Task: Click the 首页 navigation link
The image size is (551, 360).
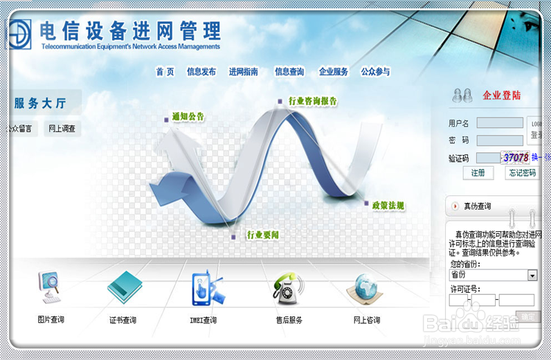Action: (x=165, y=71)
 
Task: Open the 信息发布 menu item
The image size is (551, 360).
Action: (x=201, y=71)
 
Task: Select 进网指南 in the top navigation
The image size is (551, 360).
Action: (x=244, y=71)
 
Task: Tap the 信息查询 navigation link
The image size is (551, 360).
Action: (x=289, y=71)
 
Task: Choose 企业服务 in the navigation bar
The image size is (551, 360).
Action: (x=333, y=71)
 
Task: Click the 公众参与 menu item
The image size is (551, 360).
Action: (x=375, y=71)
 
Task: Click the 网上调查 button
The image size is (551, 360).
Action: (x=62, y=129)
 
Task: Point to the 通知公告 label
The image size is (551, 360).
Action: (x=188, y=116)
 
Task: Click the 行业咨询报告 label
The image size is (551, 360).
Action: (x=312, y=101)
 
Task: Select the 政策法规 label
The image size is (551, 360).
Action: (x=388, y=205)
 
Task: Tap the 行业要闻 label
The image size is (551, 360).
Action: (x=262, y=235)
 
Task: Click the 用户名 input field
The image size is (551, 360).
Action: (x=500, y=123)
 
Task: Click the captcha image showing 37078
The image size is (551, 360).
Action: (x=516, y=158)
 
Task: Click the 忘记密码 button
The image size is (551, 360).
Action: (x=523, y=173)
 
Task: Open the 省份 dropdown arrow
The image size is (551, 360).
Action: (x=532, y=275)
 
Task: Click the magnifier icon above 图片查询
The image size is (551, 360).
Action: (x=50, y=288)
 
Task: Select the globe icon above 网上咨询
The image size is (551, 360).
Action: (x=365, y=288)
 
